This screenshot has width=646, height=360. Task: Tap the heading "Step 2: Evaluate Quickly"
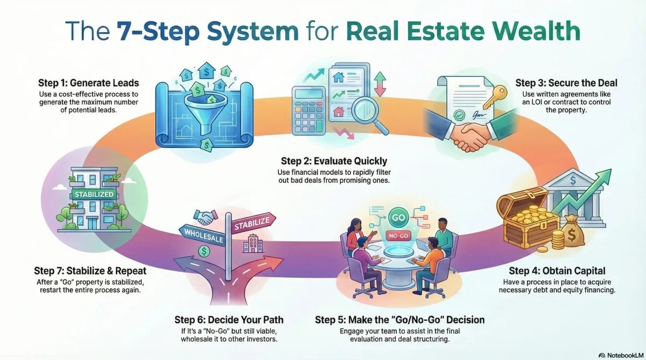tap(334, 161)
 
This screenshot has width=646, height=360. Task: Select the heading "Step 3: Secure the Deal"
tap(566, 83)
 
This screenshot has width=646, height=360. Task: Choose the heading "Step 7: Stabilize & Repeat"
tap(90, 271)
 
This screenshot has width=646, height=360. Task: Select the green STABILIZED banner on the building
tap(94, 194)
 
